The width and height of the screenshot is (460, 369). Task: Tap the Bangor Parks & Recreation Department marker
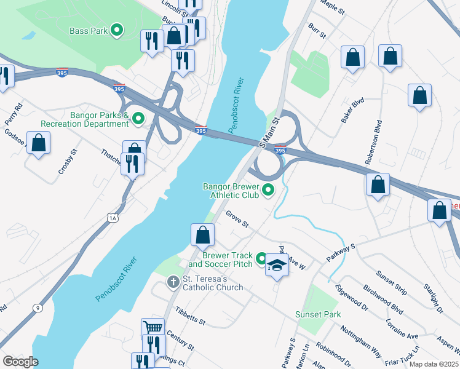coord(138,119)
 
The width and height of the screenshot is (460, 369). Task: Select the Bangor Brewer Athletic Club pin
coord(268,191)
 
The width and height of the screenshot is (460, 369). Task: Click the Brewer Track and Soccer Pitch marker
coord(261,259)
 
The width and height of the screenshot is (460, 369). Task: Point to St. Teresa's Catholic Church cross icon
coord(173,282)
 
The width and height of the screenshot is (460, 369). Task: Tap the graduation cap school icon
coord(277,266)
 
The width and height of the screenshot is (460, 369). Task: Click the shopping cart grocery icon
coord(153,328)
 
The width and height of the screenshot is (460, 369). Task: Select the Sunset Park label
coord(317,314)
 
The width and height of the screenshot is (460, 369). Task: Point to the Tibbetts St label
coord(189,317)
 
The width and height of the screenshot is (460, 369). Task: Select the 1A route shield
coord(111,217)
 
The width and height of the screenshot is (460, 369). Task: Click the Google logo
coord(20,362)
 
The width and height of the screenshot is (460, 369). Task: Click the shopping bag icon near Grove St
coord(203,234)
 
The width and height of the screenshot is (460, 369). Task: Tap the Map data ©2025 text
coord(434,364)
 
